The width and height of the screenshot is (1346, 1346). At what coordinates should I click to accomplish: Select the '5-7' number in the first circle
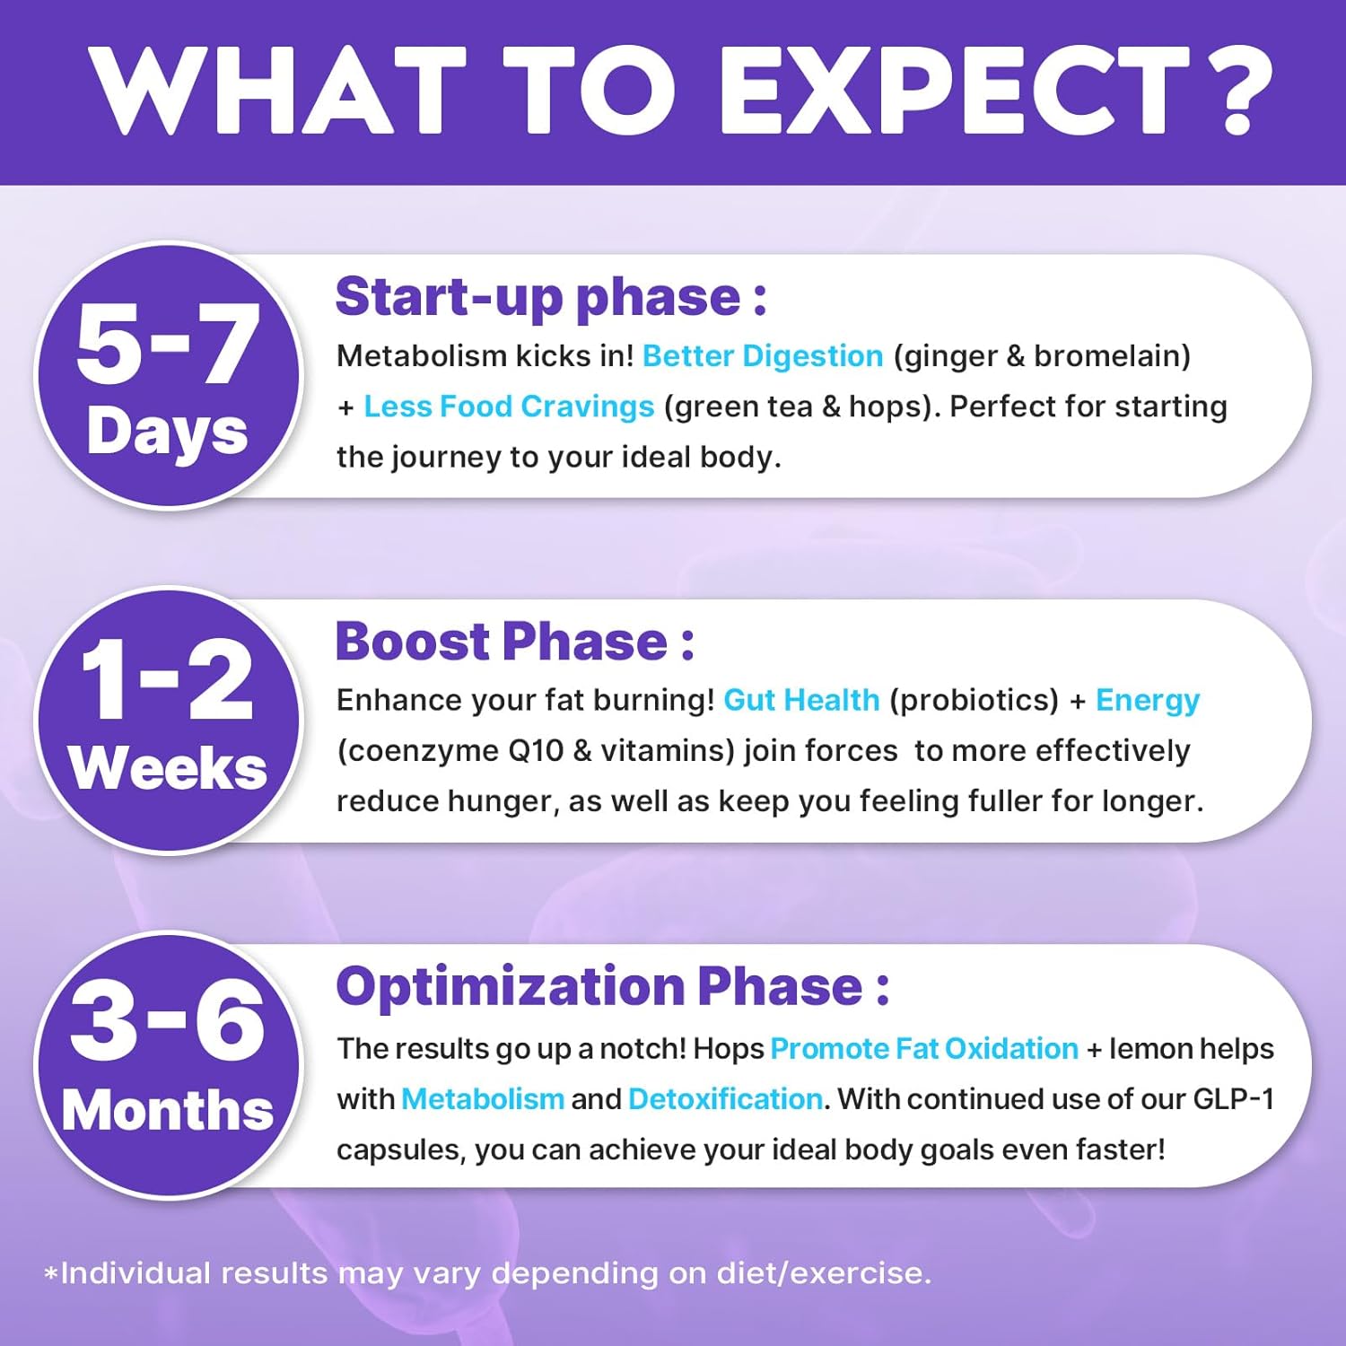pyautogui.click(x=168, y=344)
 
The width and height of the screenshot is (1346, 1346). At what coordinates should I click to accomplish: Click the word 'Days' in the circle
pyautogui.click(x=168, y=432)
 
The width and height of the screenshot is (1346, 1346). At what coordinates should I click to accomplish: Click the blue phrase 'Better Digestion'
pyautogui.click(x=763, y=356)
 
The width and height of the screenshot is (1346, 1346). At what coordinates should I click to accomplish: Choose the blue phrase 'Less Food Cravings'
pyautogui.click(x=509, y=406)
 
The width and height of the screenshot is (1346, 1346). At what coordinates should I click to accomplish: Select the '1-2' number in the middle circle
pyautogui.click(x=167, y=681)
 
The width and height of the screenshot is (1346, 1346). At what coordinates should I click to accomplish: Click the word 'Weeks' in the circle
pyautogui.click(x=168, y=769)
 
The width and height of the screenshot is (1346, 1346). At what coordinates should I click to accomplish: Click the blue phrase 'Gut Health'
pyautogui.click(x=801, y=700)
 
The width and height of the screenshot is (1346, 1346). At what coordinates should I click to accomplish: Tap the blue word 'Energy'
pyautogui.click(x=1148, y=701)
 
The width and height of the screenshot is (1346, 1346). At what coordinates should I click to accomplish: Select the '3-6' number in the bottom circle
pyautogui.click(x=167, y=1021)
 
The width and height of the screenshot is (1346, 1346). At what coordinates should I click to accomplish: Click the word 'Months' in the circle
pyautogui.click(x=168, y=1111)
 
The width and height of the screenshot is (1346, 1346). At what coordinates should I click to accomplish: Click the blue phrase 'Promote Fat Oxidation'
pyautogui.click(x=924, y=1049)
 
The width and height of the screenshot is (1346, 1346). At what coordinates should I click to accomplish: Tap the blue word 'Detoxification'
pyautogui.click(x=725, y=1099)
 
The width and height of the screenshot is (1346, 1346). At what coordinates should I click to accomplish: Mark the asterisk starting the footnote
pyautogui.click(x=51, y=1273)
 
